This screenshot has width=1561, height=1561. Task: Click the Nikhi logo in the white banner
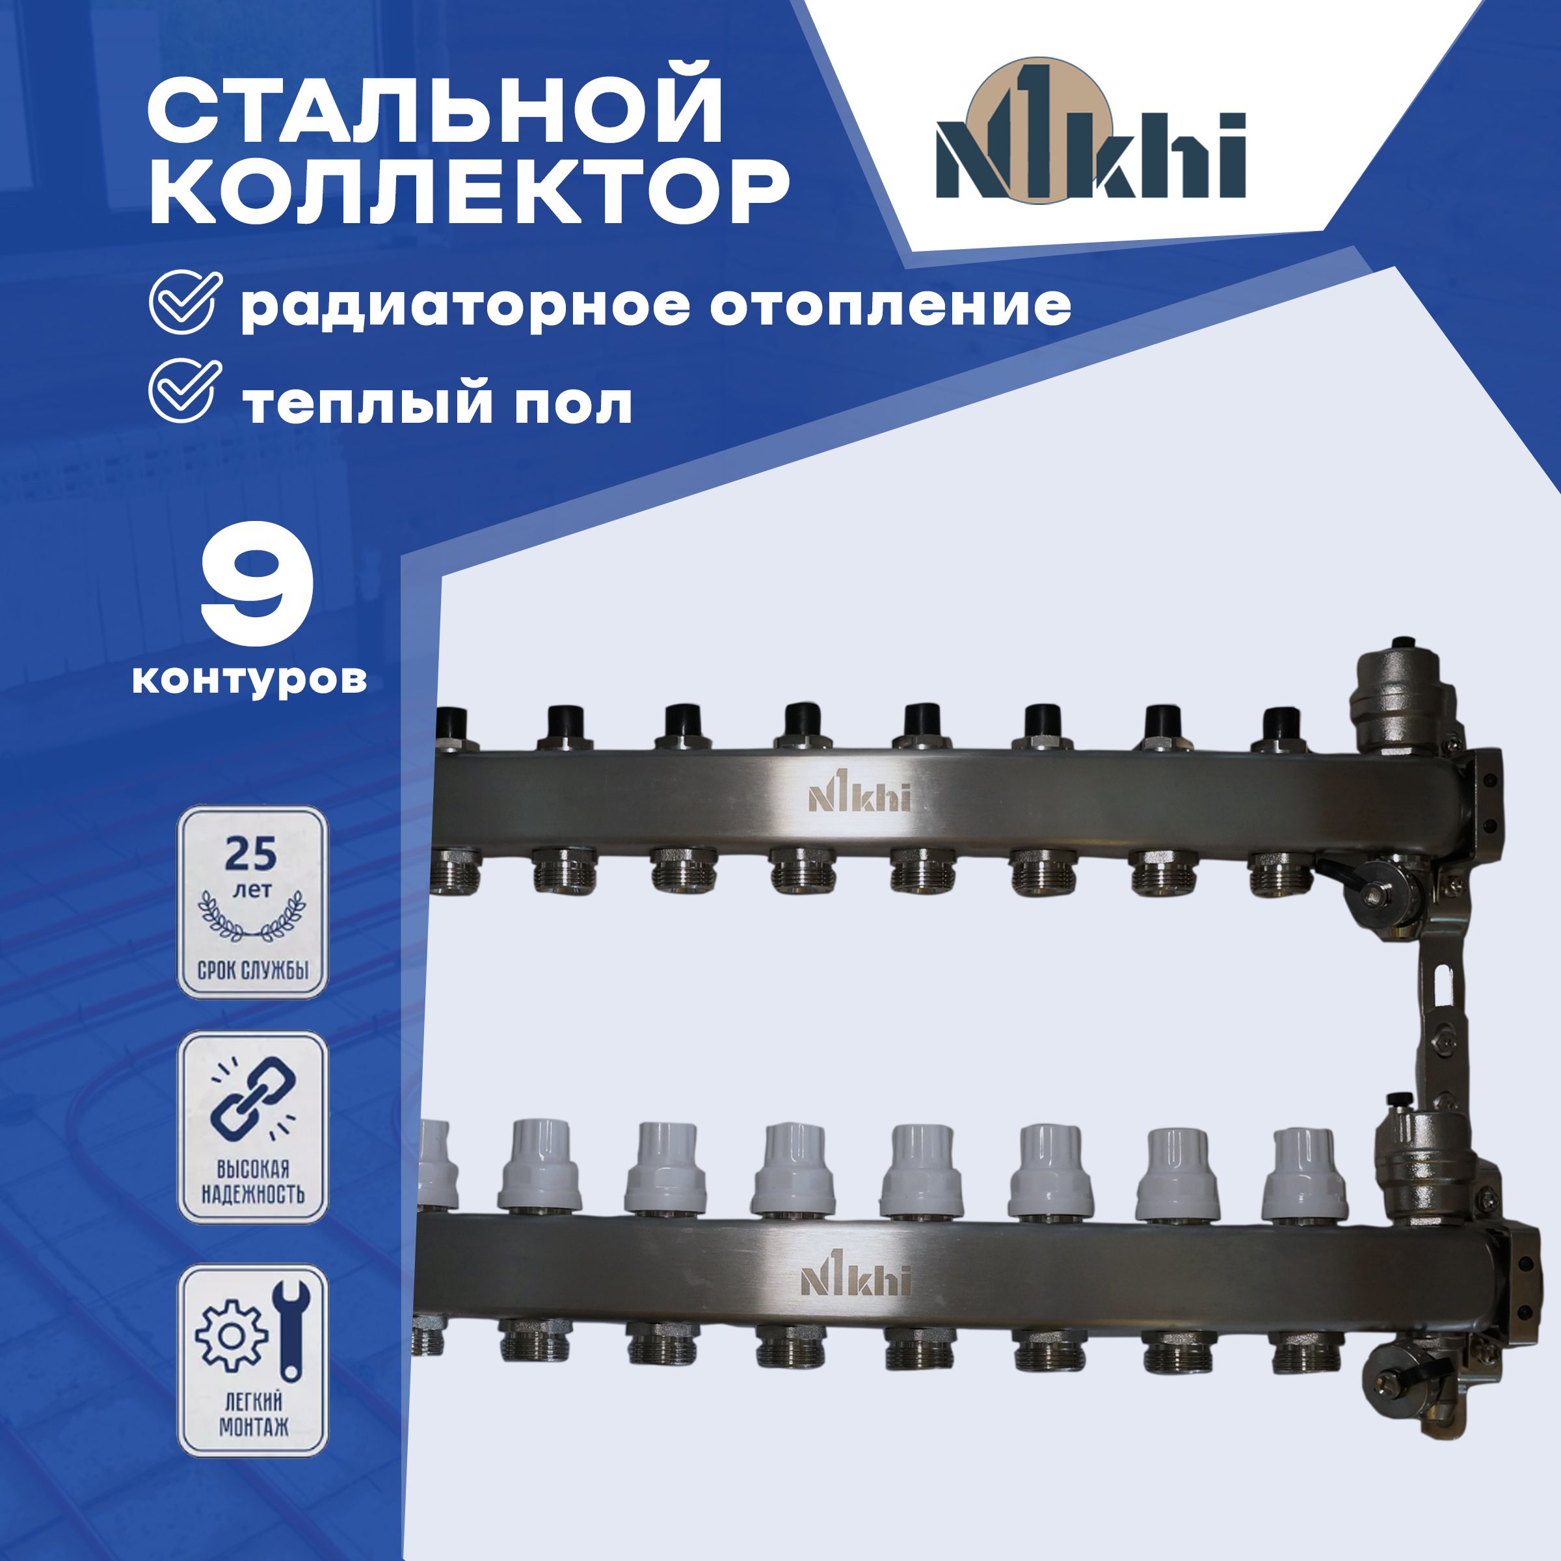pyautogui.click(x=1090, y=131)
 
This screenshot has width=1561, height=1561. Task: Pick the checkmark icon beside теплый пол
pyautogui.click(x=185, y=391)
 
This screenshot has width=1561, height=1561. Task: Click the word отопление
pyautogui.click(x=890, y=308)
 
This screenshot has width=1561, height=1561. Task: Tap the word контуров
pyautogui.click(x=249, y=680)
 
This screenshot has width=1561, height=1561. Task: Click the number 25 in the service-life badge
pyautogui.click(x=250, y=854)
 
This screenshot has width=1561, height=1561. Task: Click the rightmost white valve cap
pyautogui.click(x=1303, y=1175)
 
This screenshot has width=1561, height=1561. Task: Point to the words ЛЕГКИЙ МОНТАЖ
pyautogui.click(x=253, y=1418)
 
